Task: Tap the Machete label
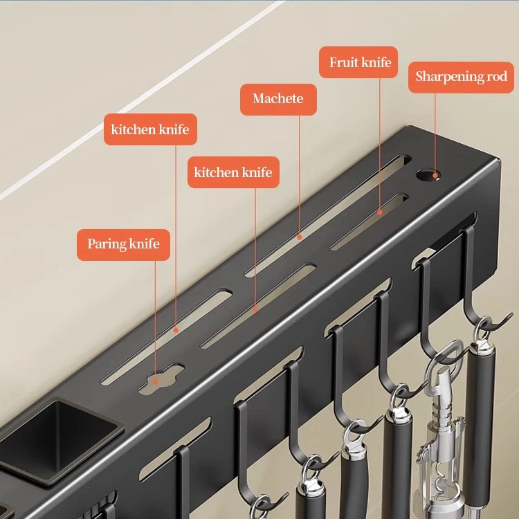click(278, 99)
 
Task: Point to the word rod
click(496, 76)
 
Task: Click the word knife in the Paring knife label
click(145, 244)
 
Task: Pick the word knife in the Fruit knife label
click(376, 62)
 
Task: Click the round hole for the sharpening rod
click(428, 175)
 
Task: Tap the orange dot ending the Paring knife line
click(155, 381)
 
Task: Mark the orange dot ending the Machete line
click(300, 237)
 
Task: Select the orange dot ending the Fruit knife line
click(380, 212)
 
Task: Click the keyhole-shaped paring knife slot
click(161, 378)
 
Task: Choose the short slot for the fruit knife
click(370, 221)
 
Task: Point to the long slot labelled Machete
click(328, 215)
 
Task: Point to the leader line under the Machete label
click(300, 175)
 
